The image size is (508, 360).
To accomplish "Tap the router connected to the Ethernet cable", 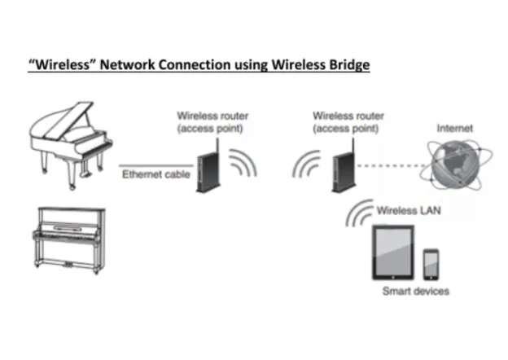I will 205,168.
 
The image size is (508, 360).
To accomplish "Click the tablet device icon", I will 392,253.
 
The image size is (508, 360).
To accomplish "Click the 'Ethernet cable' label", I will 155,174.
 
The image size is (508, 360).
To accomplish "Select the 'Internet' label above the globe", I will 454,129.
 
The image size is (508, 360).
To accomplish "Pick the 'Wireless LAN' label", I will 407,210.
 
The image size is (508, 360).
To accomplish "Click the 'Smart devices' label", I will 415,291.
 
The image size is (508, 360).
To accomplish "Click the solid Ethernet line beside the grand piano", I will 154,163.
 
